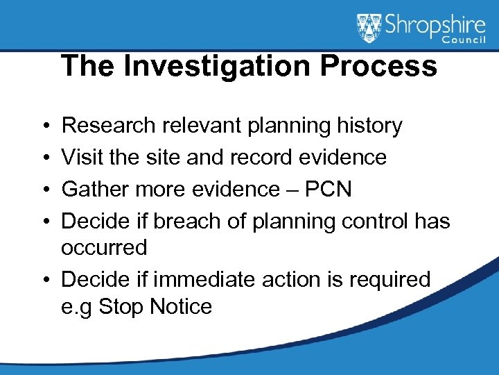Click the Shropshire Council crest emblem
click(369, 28)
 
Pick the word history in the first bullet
click(367, 126)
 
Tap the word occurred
click(105, 247)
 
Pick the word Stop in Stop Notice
click(122, 306)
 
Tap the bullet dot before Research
click(44, 126)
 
